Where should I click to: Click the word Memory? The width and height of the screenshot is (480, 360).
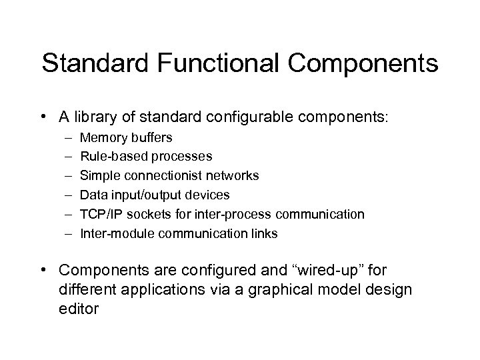pyautogui.click(x=101, y=137)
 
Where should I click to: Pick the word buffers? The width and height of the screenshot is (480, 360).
pyautogui.click(x=149, y=137)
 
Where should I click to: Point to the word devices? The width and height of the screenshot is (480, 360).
pyautogui.click(x=206, y=195)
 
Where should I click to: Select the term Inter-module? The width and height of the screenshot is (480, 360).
pyautogui.click(x=111, y=234)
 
